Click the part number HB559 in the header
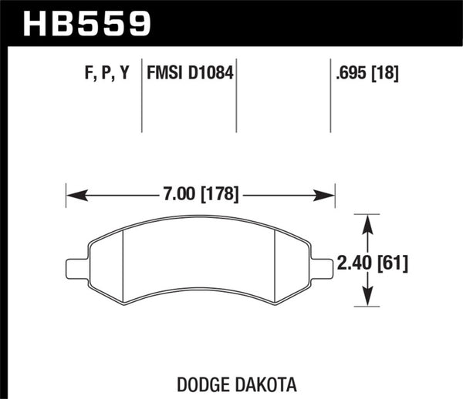pyautogui.click(x=86, y=23)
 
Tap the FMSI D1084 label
pyautogui.click(x=188, y=73)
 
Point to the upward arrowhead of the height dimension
pyautogui.click(x=370, y=223)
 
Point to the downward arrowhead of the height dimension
pyautogui.click(x=370, y=302)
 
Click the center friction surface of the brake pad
pyautogui.click(x=201, y=262)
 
